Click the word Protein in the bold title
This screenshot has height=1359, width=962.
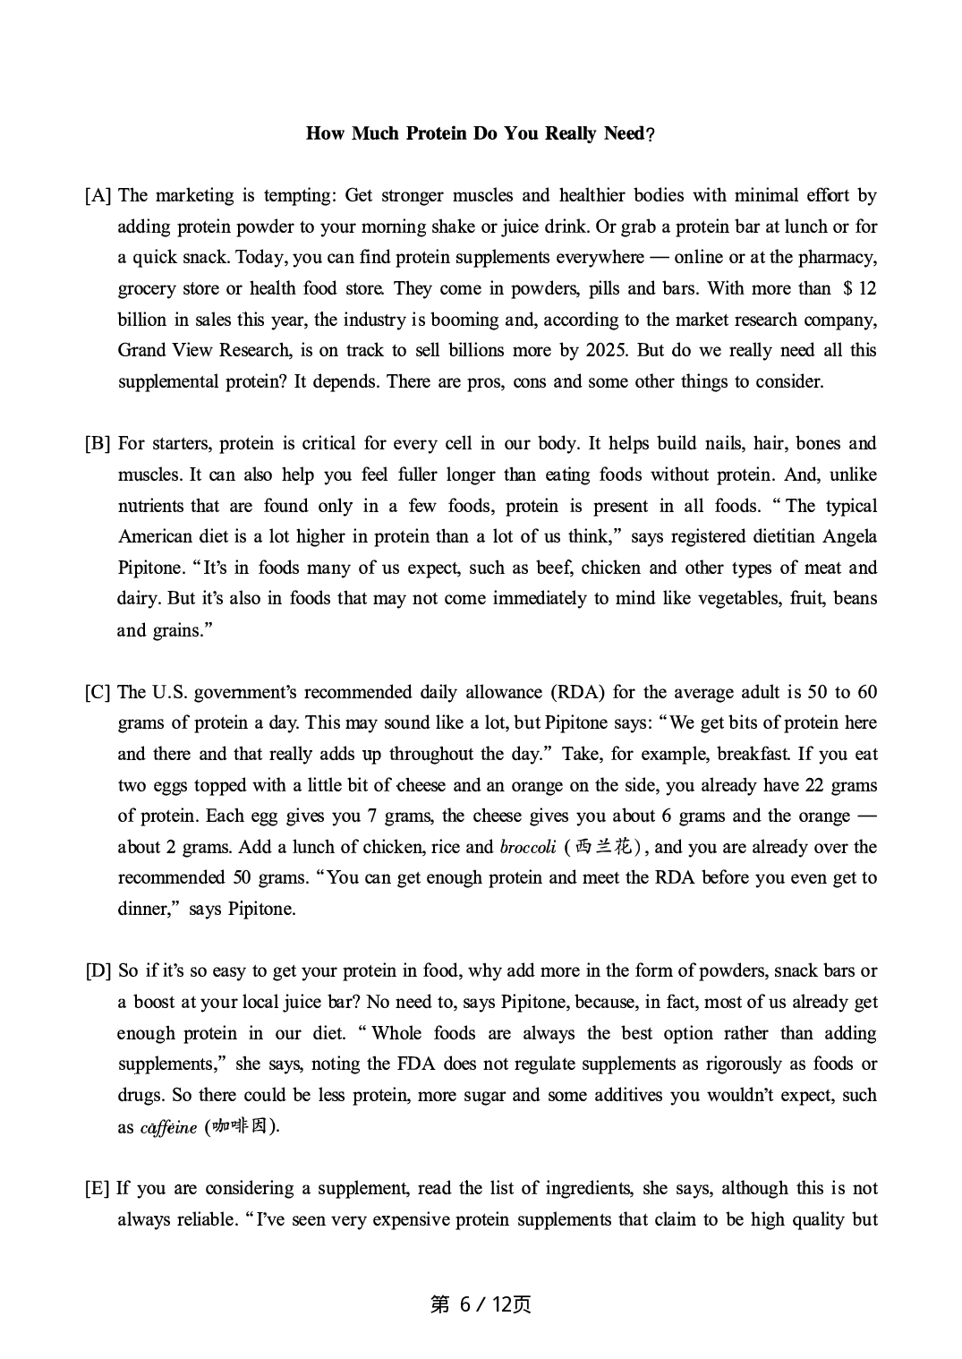pos(436,133)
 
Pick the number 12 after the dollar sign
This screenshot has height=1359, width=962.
pos(866,288)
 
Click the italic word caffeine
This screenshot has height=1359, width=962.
pos(168,1127)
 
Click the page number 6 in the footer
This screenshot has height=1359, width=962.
pos(464,1304)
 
